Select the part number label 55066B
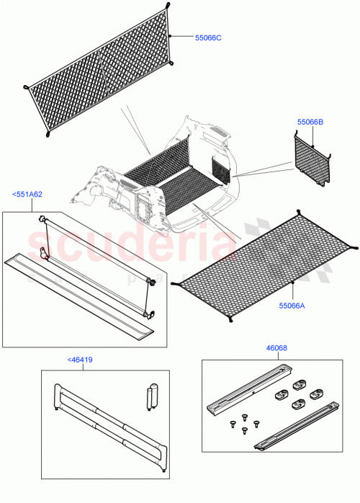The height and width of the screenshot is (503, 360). [x=310, y=123]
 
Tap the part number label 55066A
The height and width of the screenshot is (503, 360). [x=292, y=306]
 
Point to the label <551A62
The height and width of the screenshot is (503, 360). [x=27, y=194]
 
